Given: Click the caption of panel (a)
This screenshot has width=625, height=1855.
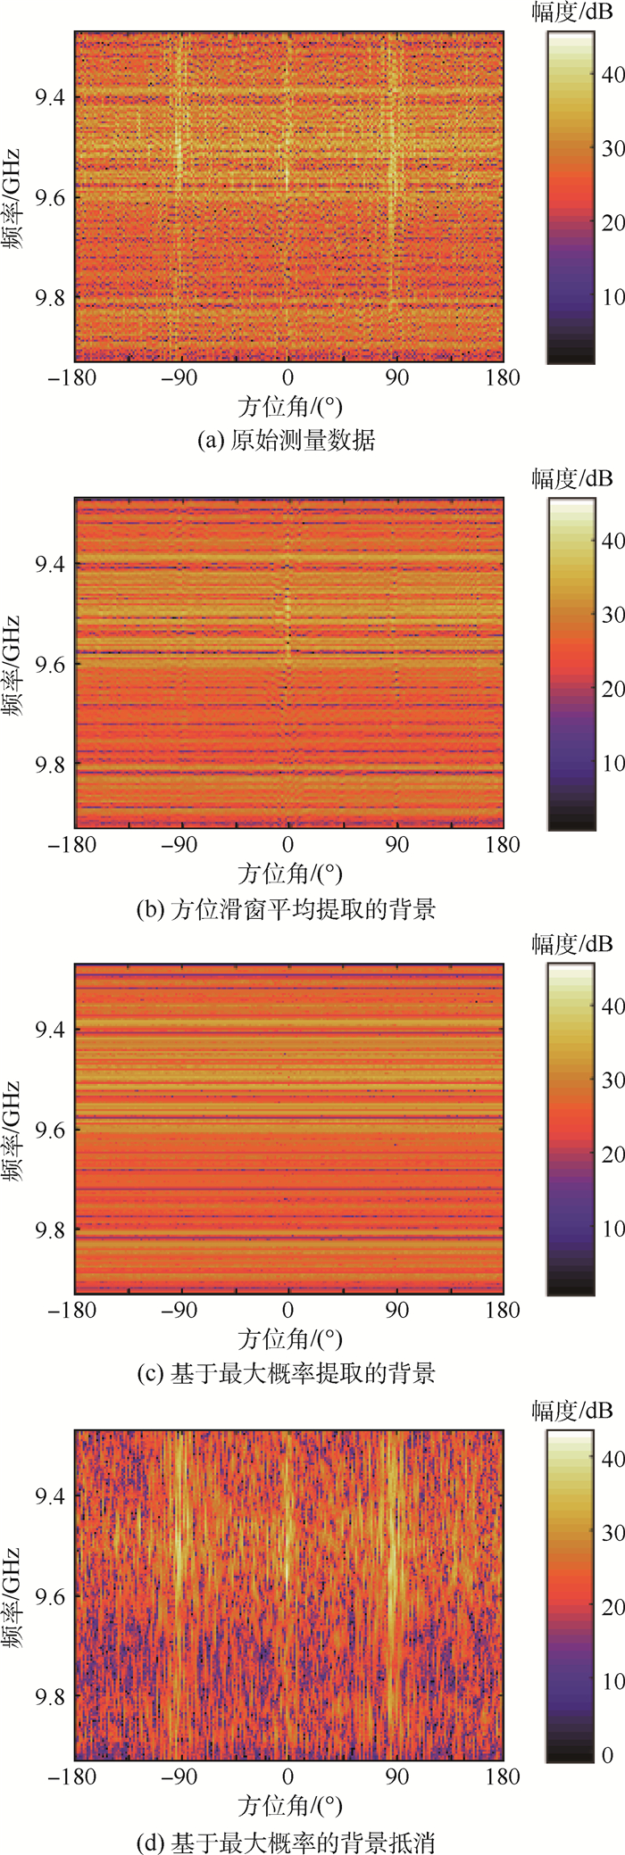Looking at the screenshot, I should [x=286, y=440].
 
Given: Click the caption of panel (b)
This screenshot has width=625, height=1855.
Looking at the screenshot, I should [x=286, y=909].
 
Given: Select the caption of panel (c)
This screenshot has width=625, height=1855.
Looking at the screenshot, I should [x=286, y=1373].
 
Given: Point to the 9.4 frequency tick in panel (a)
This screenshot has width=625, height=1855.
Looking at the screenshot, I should [x=50, y=96].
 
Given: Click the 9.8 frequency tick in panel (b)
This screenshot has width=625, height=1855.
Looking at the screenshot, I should [x=50, y=765].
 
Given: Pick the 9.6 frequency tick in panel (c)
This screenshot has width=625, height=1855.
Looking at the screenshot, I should [x=50, y=1130].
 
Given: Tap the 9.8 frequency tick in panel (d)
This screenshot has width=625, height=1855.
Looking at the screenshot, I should [x=50, y=1696].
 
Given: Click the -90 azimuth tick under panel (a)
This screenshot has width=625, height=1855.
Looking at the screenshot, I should [x=179, y=377].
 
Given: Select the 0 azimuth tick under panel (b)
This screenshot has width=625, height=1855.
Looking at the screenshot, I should [x=287, y=845].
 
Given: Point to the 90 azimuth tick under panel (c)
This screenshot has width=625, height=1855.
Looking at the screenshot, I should [x=396, y=1310].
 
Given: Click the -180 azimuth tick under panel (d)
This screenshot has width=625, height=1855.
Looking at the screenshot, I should [x=71, y=1776].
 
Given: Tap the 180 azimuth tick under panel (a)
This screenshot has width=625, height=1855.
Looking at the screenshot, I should [x=503, y=377].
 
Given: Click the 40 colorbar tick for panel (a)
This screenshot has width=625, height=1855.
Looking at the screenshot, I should [x=612, y=74].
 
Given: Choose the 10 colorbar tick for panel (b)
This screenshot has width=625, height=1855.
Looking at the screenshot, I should [x=612, y=763].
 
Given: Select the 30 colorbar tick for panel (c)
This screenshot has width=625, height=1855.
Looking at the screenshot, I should [x=612, y=1081].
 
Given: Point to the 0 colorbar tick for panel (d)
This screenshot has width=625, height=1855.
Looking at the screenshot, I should [x=608, y=1755].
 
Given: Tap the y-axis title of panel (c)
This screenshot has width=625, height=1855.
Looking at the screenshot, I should [x=12, y=1130].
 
